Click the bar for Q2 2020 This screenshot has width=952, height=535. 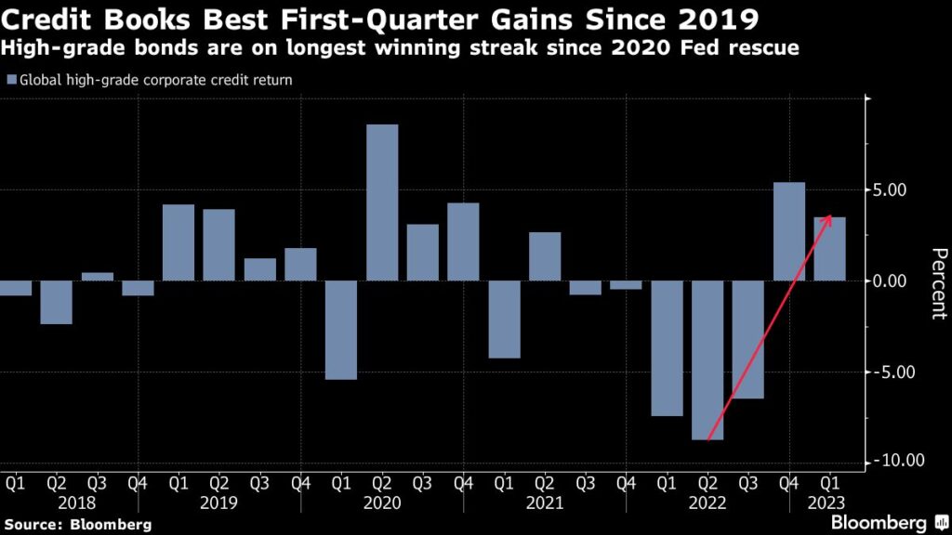(x=382, y=202)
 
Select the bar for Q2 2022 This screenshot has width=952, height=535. (x=707, y=359)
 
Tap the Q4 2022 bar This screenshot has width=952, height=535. (x=789, y=231)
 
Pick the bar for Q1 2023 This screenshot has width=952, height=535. (x=830, y=249)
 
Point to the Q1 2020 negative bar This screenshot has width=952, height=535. (x=341, y=330)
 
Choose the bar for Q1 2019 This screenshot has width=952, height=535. (x=178, y=242)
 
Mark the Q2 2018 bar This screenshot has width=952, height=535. (x=56, y=302)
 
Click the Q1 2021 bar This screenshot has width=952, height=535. (x=504, y=319)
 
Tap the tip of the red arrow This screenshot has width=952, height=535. (x=830, y=215)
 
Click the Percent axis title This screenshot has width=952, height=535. (x=938, y=283)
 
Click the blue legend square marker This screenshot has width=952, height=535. (x=10, y=81)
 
